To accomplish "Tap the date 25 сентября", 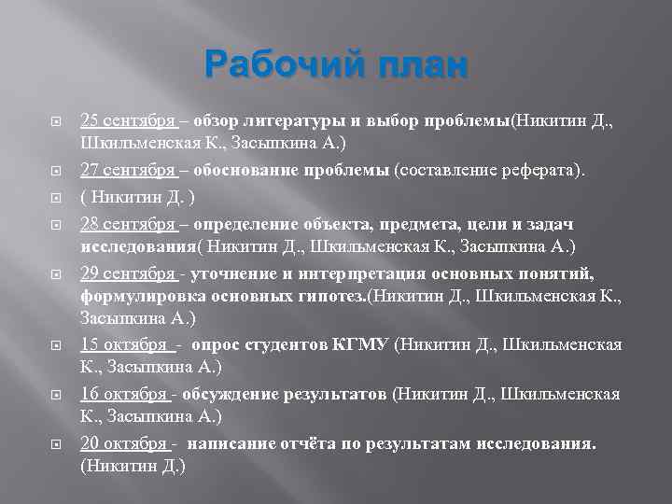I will (127, 121).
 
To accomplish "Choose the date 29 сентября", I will (127, 273).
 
